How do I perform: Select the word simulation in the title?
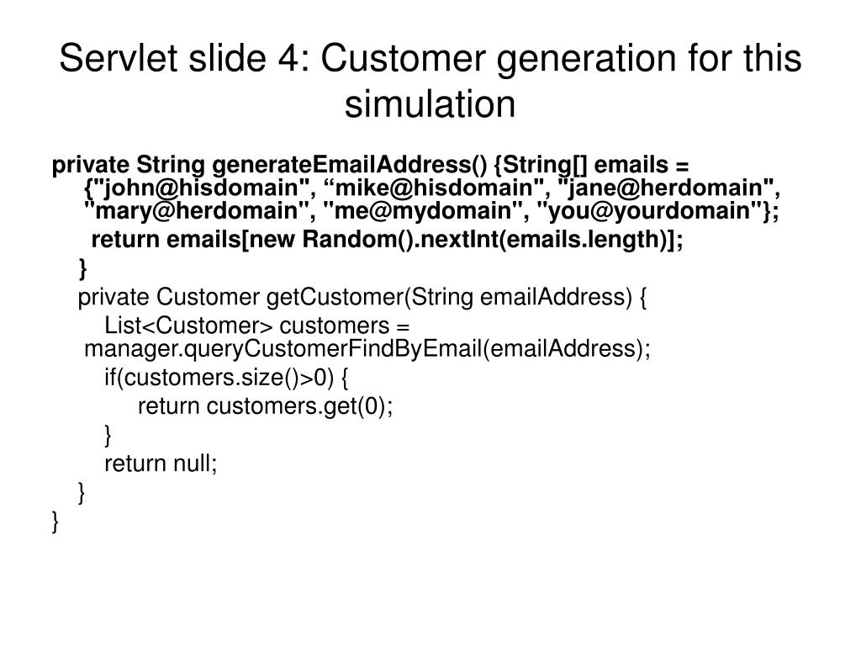(430, 104)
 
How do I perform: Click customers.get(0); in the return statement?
(300, 407)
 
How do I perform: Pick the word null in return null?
(196, 463)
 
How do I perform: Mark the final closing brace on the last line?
(55, 522)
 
